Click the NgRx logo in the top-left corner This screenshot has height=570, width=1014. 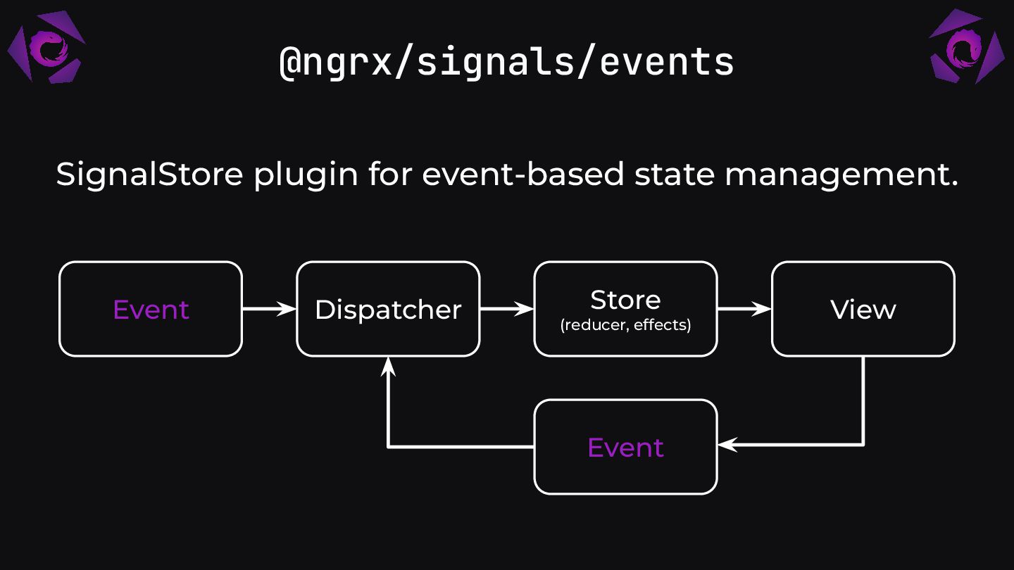[x=46, y=47]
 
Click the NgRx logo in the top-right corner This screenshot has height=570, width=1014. [x=967, y=47]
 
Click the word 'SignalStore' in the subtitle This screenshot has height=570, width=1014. [x=149, y=174]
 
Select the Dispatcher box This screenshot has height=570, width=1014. [x=388, y=309]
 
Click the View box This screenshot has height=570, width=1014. [x=863, y=309]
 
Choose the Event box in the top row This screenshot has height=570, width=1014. [x=151, y=309]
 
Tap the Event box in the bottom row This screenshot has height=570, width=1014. [x=625, y=447]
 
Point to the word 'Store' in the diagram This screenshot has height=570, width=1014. [x=625, y=300]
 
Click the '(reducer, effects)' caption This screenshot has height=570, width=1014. [x=625, y=325]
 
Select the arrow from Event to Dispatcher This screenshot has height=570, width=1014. [x=269, y=308]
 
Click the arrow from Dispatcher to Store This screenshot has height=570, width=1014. [x=506, y=308]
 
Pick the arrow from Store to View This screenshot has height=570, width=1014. [x=744, y=308]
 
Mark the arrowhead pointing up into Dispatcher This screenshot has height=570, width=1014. [x=388, y=366]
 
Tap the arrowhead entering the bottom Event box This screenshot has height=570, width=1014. [x=727, y=445]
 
